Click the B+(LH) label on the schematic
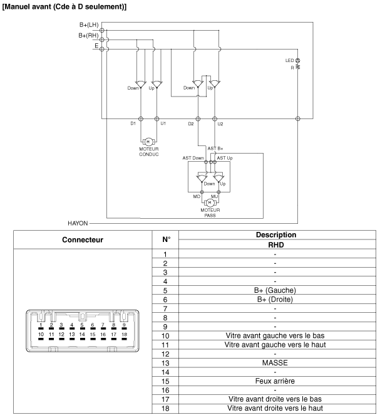pyautogui.click(x=88, y=24)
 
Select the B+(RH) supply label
pyautogui.click(x=88, y=35)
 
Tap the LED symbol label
pyautogui.click(x=289, y=60)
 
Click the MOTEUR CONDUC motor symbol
pyautogui.click(x=149, y=142)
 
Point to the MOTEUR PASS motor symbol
pyautogui.click(x=210, y=202)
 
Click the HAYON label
pyautogui.click(x=77, y=223)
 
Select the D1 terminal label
pyautogui.click(x=133, y=123)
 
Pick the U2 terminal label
pyautogui.click(x=220, y=123)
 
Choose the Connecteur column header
pyautogui.click(x=83, y=239)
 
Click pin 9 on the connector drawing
pyautogui.click(x=124, y=326)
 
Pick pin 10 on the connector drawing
pyautogui.click(x=41, y=335)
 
